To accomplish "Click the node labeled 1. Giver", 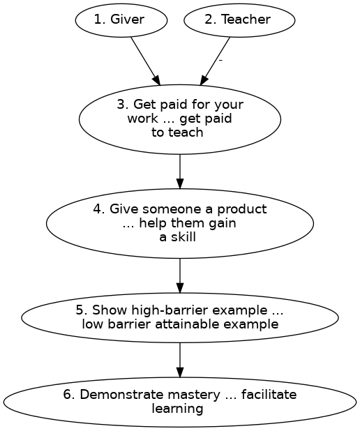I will (121, 20).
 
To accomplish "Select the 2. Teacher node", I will (239, 20).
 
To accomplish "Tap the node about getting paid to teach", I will (180, 119).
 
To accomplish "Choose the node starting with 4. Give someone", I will (180, 223).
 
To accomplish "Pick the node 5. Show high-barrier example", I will (180, 317).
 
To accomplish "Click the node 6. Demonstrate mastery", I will (180, 402).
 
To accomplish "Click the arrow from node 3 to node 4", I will (180, 171).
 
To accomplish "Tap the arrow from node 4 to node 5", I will (180, 275).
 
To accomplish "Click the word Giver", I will (128, 20).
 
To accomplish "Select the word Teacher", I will (246, 20).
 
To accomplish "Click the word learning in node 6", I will (177, 409).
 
